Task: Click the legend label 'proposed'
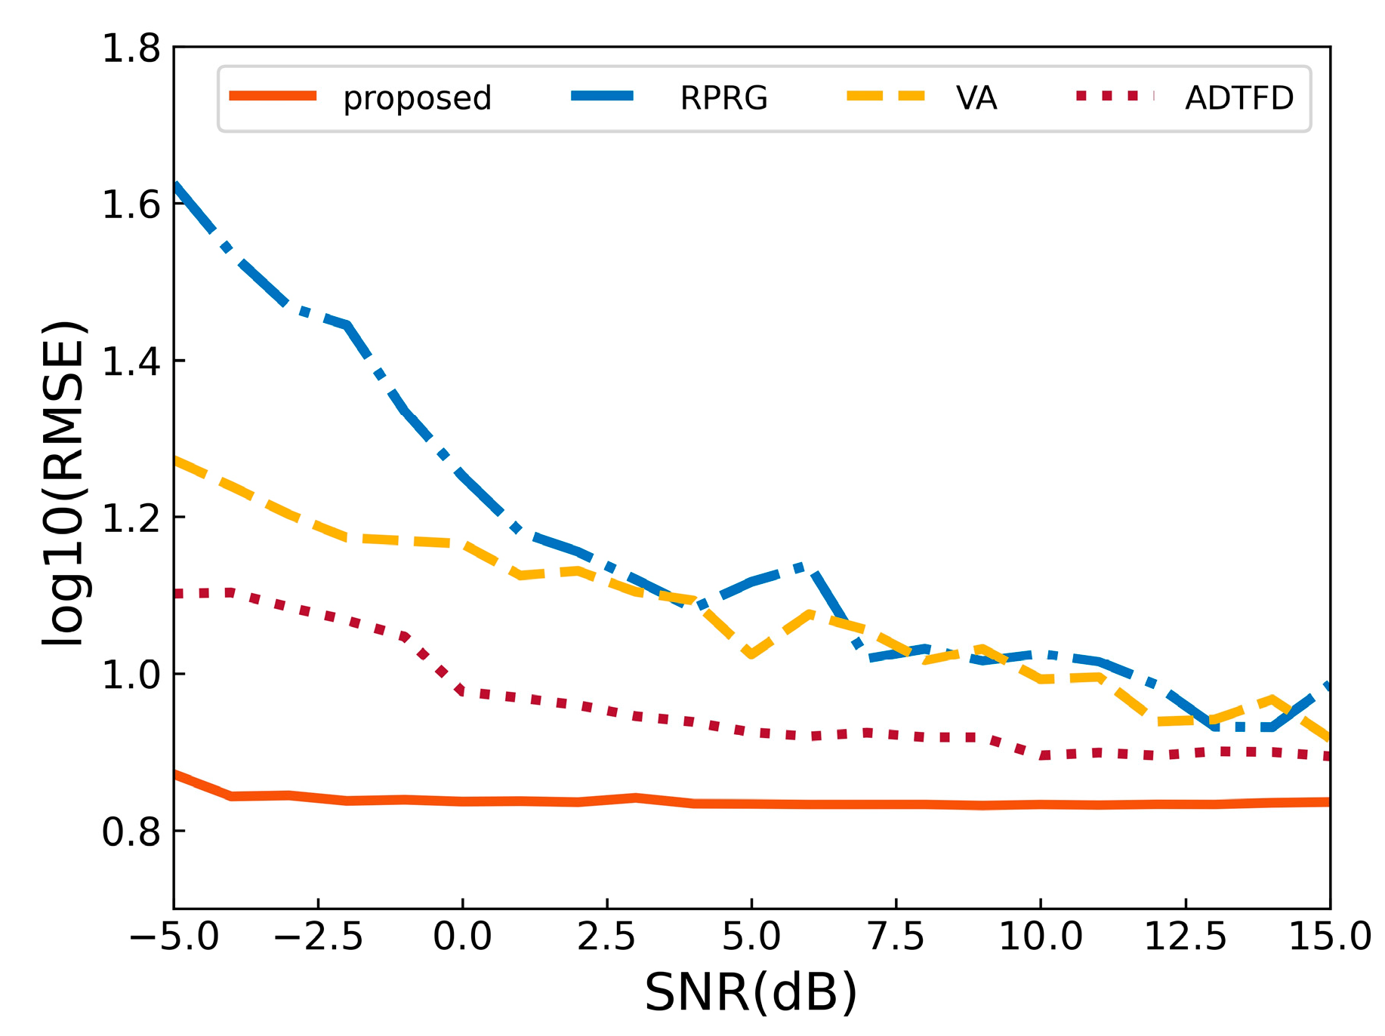point(417,98)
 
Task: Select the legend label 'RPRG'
point(723,98)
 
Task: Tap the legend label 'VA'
point(976,98)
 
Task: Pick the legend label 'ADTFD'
point(1238,98)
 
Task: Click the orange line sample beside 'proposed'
point(273,96)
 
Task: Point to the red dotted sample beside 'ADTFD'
point(1115,96)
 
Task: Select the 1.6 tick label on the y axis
point(131,204)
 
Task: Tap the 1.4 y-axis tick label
point(131,361)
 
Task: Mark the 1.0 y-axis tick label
point(131,675)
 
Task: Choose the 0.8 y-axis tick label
point(131,832)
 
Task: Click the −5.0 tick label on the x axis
point(174,937)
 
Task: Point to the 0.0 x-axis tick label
point(462,937)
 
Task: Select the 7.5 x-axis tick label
point(896,937)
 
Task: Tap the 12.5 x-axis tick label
point(1185,937)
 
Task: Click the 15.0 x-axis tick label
point(1329,937)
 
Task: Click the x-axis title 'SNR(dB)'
point(751,992)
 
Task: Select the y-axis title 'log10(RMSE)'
point(63,483)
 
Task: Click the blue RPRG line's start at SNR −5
point(176,186)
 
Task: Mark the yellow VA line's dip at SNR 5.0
point(751,653)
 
